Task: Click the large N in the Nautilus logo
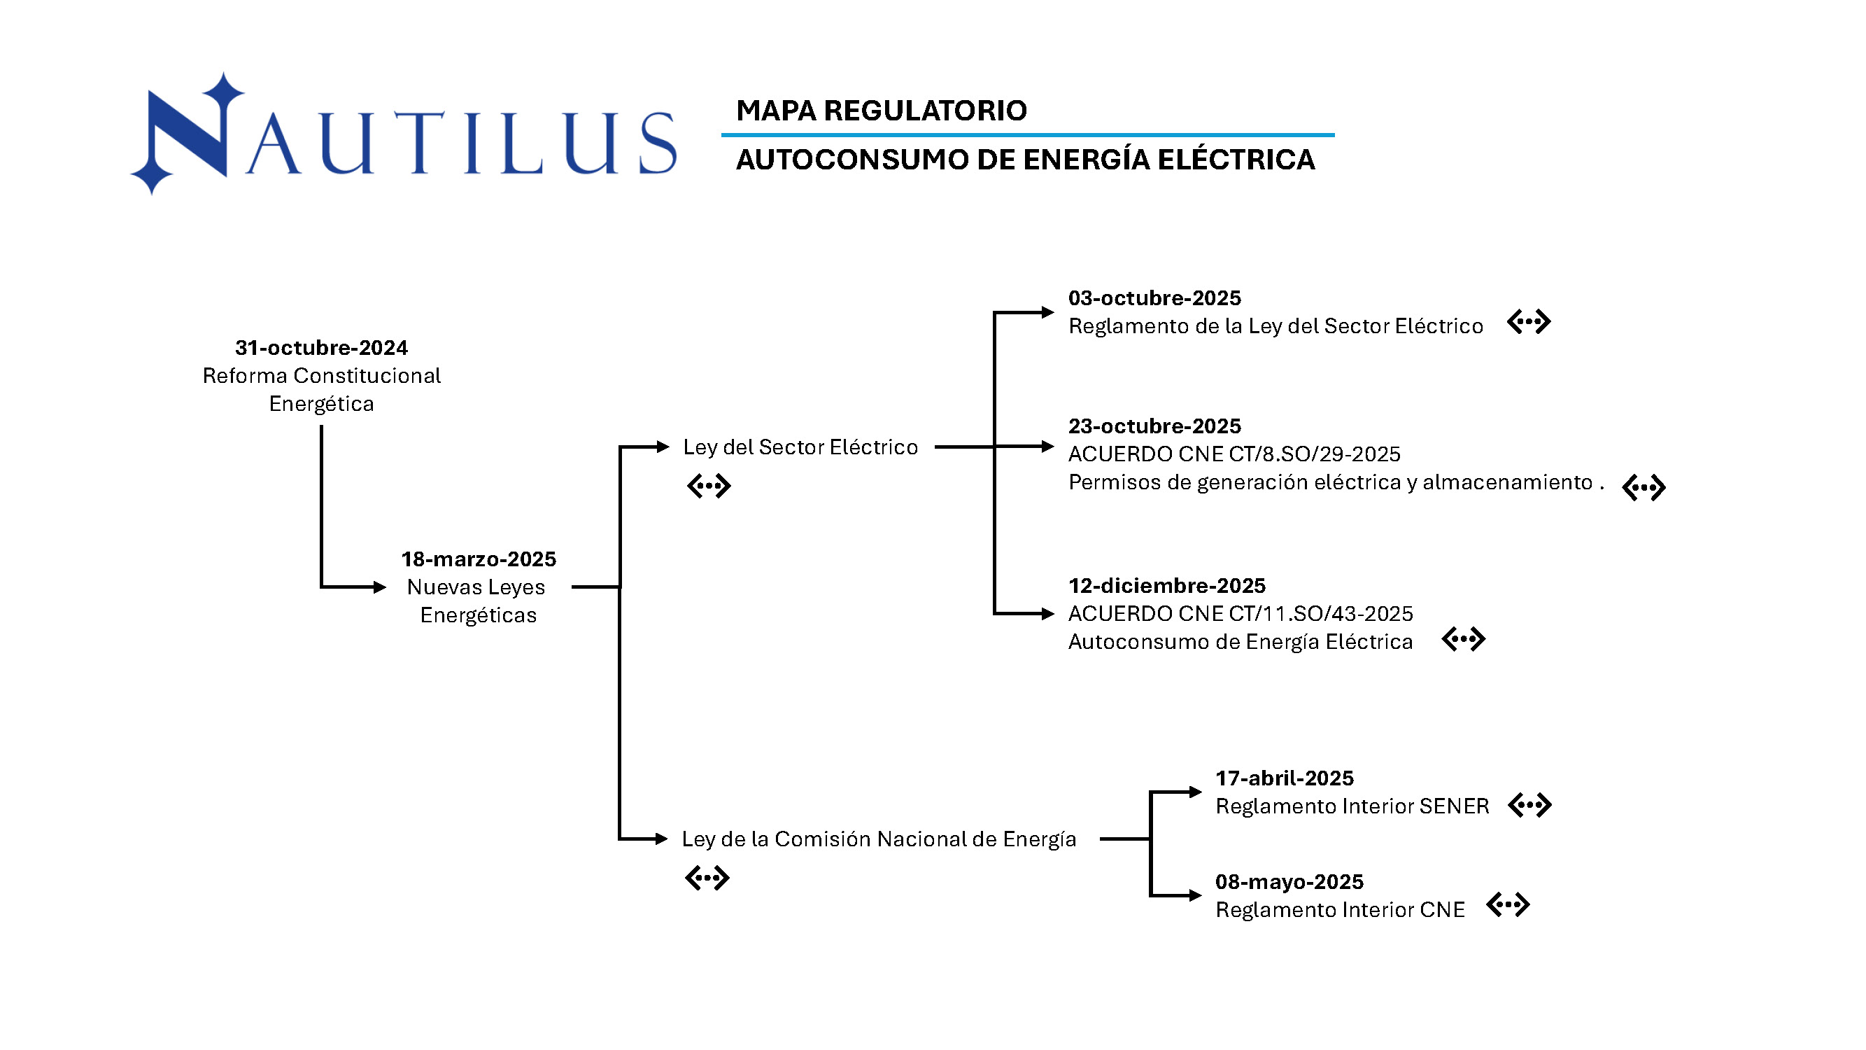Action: (x=190, y=134)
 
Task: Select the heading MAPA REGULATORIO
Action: (x=881, y=110)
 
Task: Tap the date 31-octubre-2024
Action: (x=321, y=348)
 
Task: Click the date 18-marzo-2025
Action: (x=478, y=559)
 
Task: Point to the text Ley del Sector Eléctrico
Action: (x=800, y=447)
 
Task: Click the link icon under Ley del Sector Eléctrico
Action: (x=709, y=486)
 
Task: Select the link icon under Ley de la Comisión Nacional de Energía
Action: (x=707, y=878)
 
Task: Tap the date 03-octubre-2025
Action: (x=1154, y=297)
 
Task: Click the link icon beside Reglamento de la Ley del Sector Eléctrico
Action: (x=1528, y=322)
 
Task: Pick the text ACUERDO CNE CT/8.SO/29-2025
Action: (x=1234, y=454)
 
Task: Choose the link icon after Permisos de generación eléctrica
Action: (x=1643, y=488)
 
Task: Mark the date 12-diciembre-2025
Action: (x=1166, y=585)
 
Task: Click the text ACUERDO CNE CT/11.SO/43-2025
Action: (x=1239, y=614)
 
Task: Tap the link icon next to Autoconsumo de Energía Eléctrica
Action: (x=1462, y=639)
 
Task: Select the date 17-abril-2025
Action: (x=1284, y=778)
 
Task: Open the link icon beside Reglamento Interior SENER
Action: (x=1529, y=805)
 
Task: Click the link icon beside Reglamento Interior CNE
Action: (x=1508, y=904)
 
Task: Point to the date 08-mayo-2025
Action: (x=1289, y=882)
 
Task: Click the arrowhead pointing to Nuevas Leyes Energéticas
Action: (x=380, y=587)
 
